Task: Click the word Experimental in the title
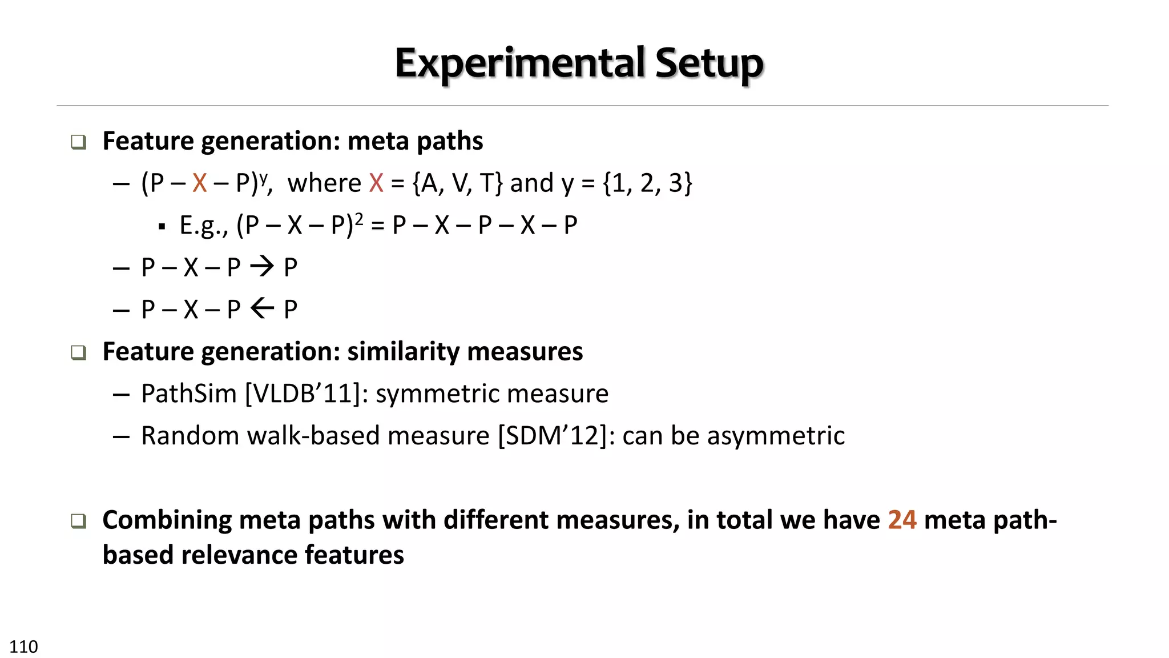(x=519, y=63)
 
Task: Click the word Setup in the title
(x=709, y=63)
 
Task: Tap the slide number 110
(x=23, y=647)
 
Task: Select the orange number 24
(x=902, y=520)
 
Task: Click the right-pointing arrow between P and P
(x=262, y=266)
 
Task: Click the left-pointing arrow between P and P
(x=262, y=308)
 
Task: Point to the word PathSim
(x=188, y=394)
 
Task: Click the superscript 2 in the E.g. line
(x=359, y=219)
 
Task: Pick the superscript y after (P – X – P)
(x=263, y=177)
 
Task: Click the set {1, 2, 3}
(x=647, y=183)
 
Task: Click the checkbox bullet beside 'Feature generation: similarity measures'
(x=79, y=352)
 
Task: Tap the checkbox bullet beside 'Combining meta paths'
(x=79, y=520)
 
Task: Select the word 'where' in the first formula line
(x=324, y=183)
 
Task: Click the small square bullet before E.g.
(x=162, y=227)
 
